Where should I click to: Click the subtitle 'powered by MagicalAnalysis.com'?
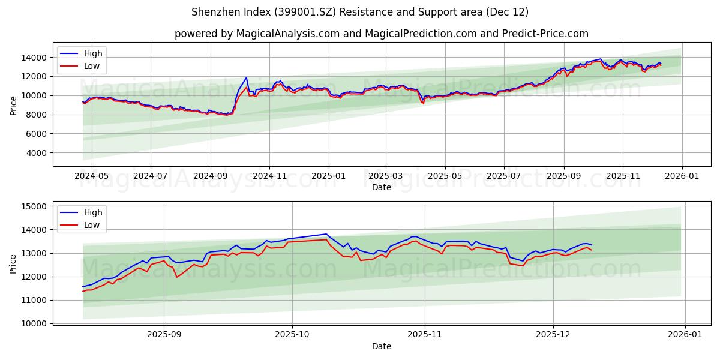tap(381, 34)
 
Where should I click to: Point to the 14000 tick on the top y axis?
tap(34, 58)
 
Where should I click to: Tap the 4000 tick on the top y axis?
tap(37, 153)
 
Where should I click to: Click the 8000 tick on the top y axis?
tap(37, 115)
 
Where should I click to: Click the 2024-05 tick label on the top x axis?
tap(91, 176)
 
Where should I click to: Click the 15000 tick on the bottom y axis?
tap(34, 206)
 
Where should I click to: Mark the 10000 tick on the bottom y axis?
tap(34, 323)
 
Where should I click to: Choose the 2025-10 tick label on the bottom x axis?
tap(292, 335)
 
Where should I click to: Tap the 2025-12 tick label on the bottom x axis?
tap(553, 335)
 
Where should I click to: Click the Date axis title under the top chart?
tap(381, 187)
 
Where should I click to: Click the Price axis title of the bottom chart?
tap(14, 263)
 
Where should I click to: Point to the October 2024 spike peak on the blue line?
tap(246, 77)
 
